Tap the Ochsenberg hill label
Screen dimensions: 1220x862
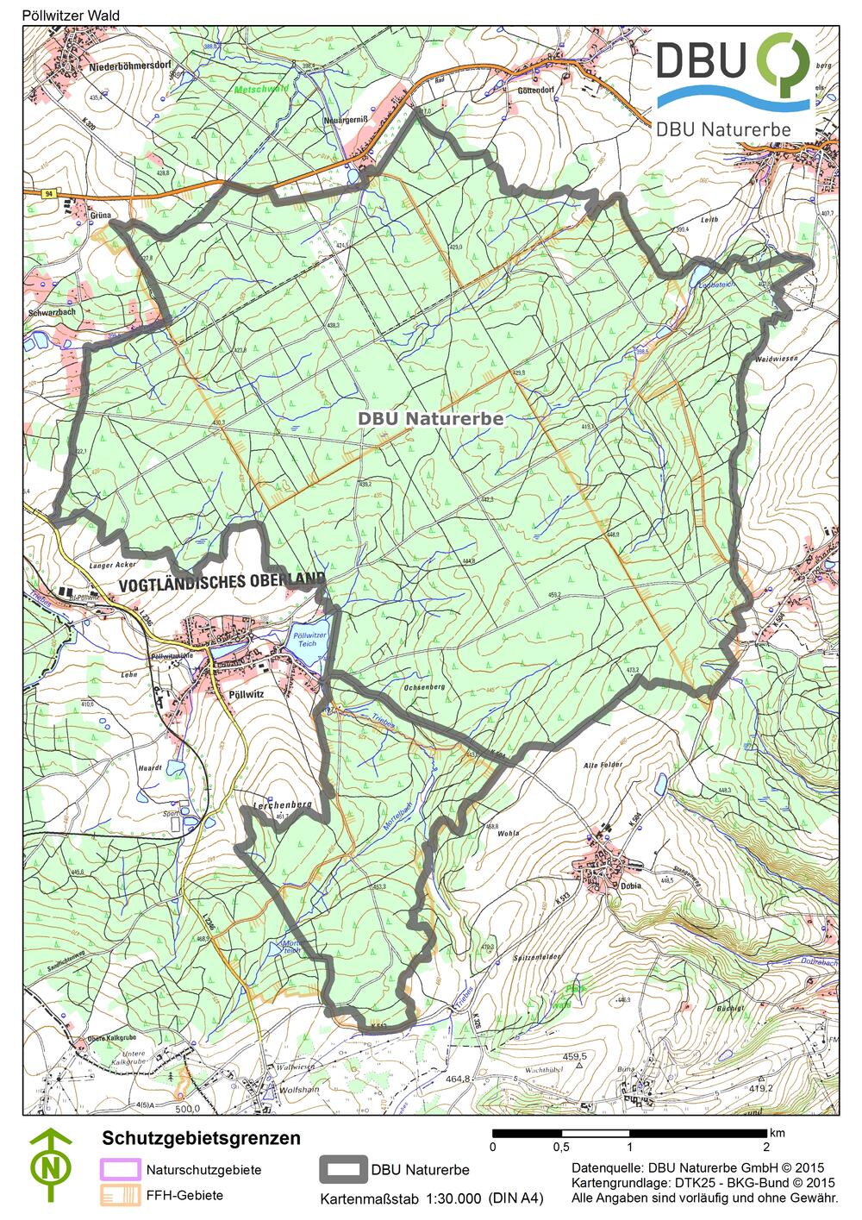click(x=422, y=687)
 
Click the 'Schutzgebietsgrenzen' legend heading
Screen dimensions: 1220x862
click(x=201, y=1138)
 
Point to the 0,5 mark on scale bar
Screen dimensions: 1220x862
click(x=560, y=1147)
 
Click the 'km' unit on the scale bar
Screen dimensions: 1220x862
click(x=777, y=1132)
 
